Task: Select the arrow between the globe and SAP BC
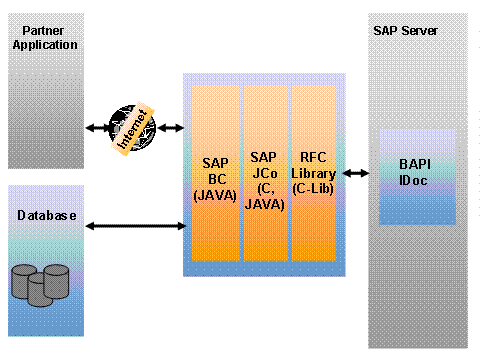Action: coord(170,128)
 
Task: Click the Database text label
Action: coord(46,215)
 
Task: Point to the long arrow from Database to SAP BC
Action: coord(136,227)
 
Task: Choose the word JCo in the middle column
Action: coord(264,172)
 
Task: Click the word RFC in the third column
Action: coord(313,157)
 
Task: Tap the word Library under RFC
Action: coord(313,172)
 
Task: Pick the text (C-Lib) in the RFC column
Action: coord(313,187)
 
